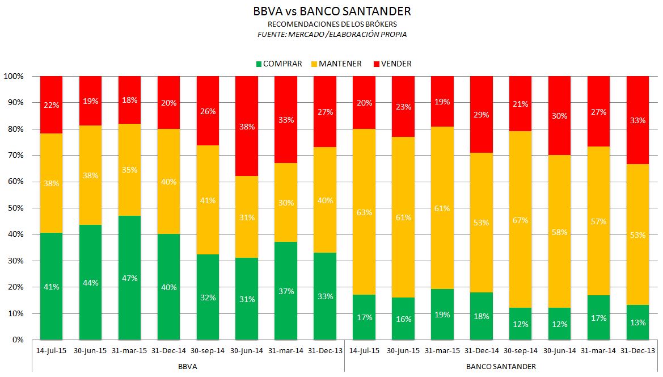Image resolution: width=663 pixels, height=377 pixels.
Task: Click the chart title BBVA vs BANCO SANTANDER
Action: (x=332, y=11)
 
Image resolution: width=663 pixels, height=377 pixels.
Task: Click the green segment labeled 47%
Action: (x=129, y=278)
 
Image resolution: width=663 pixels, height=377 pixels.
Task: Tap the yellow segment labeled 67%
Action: (x=520, y=220)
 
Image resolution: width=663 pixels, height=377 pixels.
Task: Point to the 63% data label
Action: (x=364, y=213)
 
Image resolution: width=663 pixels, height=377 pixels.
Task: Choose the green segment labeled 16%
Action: (x=403, y=319)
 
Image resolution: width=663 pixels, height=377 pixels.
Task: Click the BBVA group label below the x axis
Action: (x=188, y=367)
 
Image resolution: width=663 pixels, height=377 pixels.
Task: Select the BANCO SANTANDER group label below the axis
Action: (x=501, y=367)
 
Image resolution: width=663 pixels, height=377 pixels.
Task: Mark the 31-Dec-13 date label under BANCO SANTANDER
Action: (x=637, y=351)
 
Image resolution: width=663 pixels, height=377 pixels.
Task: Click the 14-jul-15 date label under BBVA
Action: (x=51, y=351)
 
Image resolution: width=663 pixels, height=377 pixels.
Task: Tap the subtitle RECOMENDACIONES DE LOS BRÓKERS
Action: (x=332, y=24)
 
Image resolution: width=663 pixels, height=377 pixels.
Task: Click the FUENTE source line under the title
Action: (x=332, y=34)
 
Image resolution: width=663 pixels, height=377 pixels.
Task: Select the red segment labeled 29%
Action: (x=482, y=115)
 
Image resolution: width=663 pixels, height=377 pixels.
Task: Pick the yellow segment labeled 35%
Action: (x=129, y=170)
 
